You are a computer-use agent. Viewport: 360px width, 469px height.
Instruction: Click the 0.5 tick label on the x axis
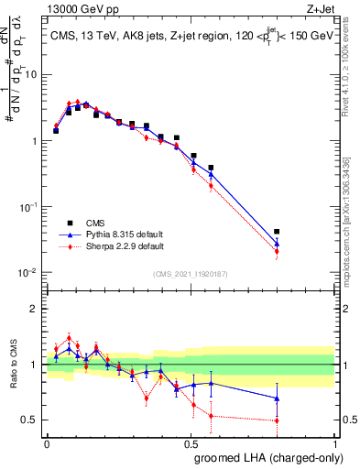coord(191,443)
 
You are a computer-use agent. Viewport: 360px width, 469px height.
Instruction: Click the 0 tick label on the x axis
coord(47,443)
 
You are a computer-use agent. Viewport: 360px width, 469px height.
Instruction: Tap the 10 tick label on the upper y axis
coord(32,75)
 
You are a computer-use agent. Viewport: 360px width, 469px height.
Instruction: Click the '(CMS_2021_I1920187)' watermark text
coord(190,272)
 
